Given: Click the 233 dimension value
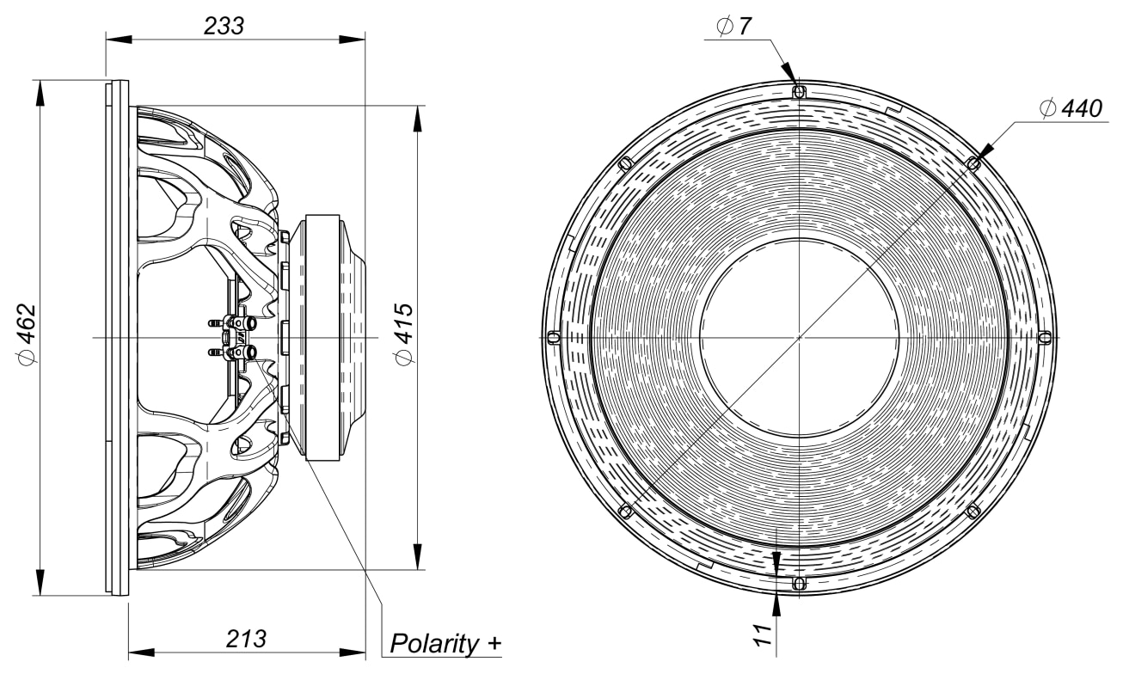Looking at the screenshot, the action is click(224, 26).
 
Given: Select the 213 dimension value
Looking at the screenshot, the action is click(246, 639).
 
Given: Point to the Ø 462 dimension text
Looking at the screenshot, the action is click(27, 334).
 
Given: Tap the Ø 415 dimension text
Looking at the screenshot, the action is click(404, 334).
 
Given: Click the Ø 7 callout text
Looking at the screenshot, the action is click(733, 26).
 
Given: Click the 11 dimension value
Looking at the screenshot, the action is click(764, 635).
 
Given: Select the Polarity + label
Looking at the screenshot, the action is click(445, 644).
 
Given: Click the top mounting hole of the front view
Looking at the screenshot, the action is click(799, 92).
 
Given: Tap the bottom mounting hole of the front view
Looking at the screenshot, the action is click(799, 584).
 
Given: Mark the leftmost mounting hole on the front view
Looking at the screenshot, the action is click(554, 338).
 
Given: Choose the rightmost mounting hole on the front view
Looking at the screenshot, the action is click(1045, 338).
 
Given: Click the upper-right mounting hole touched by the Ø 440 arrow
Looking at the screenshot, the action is click(973, 163).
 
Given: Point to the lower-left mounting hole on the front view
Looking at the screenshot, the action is click(625, 512).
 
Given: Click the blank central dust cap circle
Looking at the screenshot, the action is click(799, 338).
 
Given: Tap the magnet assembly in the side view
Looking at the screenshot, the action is click(328, 338).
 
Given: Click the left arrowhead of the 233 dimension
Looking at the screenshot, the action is click(119, 40).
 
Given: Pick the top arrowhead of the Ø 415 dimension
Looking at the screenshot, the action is click(418, 119).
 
